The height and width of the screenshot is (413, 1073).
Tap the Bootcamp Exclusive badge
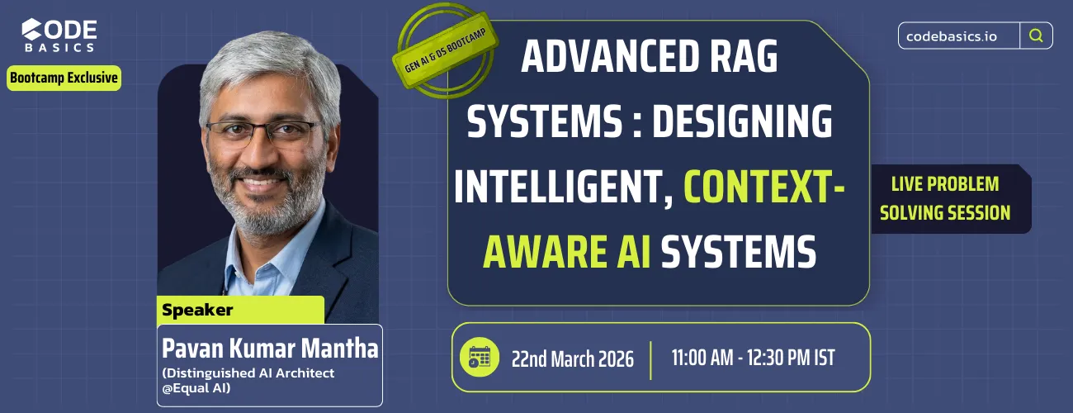pyautogui.click(x=64, y=78)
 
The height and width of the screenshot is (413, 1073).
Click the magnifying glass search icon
pyautogui.click(x=1036, y=36)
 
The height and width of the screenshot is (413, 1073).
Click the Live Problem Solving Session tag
pyautogui.click(x=944, y=198)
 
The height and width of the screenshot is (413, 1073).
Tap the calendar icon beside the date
pyautogui.click(x=479, y=357)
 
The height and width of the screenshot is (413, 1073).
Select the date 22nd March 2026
pyautogui.click(x=572, y=358)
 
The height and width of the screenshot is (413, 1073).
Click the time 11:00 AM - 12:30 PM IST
pyautogui.click(x=753, y=358)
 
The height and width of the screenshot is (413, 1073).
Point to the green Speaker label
pyautogui.click(x=198, y=311)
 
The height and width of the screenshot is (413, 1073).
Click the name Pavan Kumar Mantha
pyautogui.click(x=270, y=348)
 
